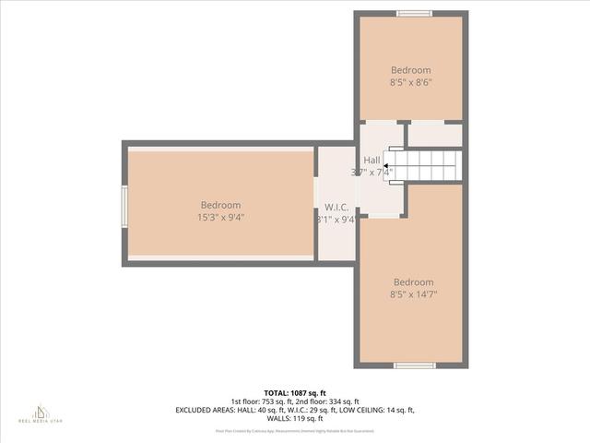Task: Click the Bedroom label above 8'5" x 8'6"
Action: [x=410, y=70]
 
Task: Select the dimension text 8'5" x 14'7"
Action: [x=413, y=295]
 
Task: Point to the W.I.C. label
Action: [x=336, y=207]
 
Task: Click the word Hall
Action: [x=372, y=160]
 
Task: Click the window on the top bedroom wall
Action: [x=414, y=13]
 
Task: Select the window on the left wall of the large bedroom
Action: [x=124, y=205]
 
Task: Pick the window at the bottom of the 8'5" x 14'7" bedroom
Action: [x=414, y=365]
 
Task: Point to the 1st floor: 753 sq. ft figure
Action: [x=264, y=401]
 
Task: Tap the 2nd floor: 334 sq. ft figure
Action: [x=329, y=401]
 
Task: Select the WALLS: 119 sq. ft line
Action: [x=295, y=418]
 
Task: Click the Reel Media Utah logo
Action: [x=41, y=413]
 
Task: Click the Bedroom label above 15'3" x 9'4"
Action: [x=220, y=205]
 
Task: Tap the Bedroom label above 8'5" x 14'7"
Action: [x=413, y=282]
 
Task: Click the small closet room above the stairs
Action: [x=434, y=135]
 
